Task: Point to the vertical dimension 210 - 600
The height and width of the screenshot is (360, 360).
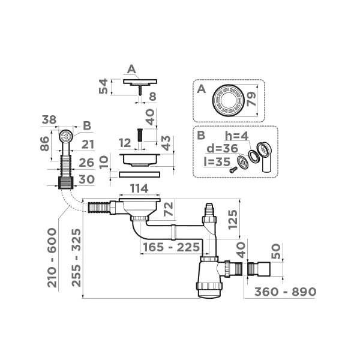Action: click(x=53, y=257)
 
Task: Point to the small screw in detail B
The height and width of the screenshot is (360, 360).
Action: click(x=232, y=169)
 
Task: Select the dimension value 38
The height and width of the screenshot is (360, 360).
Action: click(x=49, y=120)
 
